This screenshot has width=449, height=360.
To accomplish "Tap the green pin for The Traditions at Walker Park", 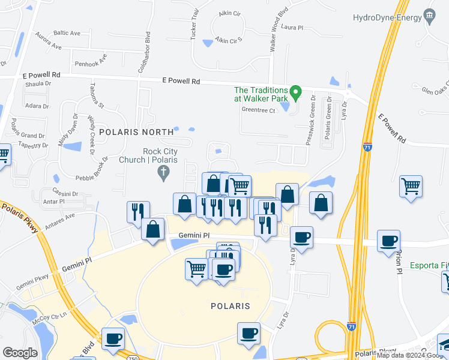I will (295, 93).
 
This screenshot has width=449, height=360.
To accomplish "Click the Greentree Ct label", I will (258, 110).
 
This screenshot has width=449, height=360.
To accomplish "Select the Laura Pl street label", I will (292, 28).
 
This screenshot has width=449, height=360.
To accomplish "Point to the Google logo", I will (20, 352).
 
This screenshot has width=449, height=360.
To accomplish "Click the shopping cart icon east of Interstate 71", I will (411, 188).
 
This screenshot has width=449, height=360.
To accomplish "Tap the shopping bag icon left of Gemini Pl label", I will (153, 230).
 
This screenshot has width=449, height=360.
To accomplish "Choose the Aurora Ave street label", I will (49, 41).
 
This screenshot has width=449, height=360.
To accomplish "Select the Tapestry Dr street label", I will (32, 145).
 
